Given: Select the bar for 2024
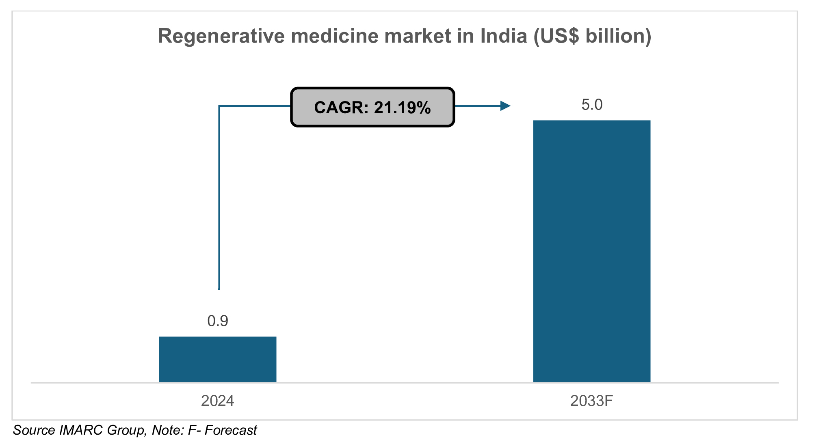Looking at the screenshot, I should pos(218,359).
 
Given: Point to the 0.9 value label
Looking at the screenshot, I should pos(218,321).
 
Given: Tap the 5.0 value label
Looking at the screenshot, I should pos(592,105).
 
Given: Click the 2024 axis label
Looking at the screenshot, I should pos(218,401).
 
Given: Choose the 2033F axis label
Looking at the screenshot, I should pos(591,401).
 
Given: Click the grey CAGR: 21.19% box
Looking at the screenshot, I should pos(372,107).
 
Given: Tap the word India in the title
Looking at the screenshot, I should pos(504,36).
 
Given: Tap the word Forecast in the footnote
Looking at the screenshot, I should pos(231,430).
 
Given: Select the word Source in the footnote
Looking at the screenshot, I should pos(34,430).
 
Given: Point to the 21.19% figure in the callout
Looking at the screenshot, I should pos(402,108).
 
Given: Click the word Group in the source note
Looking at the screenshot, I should pos(126,430).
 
